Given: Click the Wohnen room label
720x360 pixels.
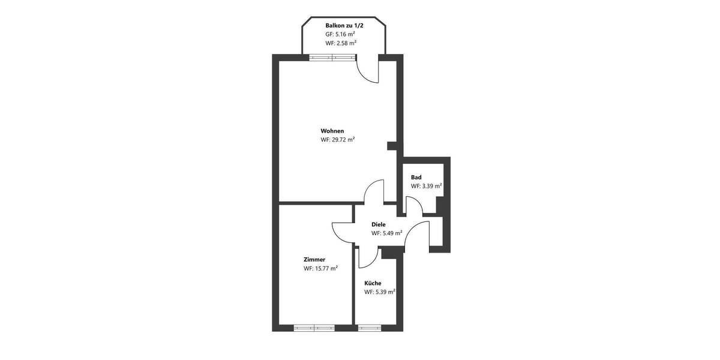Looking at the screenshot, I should tap(332, 131).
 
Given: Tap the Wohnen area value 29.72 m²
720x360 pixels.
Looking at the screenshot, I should tap(337, 140).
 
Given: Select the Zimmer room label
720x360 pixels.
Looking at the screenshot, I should tap(314, 259).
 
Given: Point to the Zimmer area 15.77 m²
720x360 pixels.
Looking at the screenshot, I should tap(320, 268).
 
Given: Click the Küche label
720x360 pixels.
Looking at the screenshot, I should tap(373, 283).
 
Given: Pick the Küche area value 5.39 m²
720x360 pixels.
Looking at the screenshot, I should tap(379, 292).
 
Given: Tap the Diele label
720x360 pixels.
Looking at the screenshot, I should tap(379, 224).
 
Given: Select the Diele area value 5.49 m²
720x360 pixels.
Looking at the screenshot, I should tap(386, 233).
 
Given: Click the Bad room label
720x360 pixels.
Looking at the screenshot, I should tap(416, 177).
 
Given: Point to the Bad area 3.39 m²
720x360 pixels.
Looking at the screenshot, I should tap(426, 186).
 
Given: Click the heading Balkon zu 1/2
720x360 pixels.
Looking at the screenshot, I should tap(344, 25).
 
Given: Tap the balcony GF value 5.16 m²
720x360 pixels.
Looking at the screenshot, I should tap(340, 34).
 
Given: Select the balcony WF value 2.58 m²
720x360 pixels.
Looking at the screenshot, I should tap(341, 43).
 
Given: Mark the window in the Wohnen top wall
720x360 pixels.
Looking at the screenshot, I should tap(332, 58).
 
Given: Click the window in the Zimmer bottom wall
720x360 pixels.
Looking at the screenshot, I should tap(314, 328).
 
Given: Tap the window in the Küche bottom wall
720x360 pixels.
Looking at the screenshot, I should tap(369, 328).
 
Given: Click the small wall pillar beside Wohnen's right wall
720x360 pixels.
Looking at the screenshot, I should tap(392, 145).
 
